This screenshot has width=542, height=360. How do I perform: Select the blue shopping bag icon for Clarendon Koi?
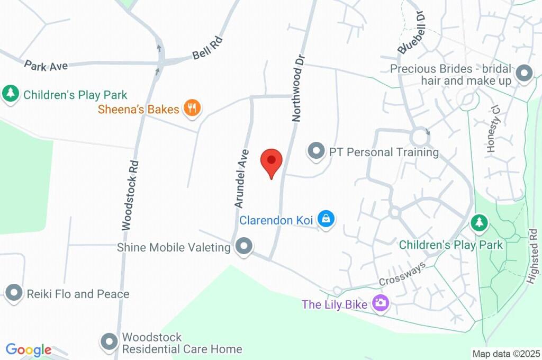pyautogui.click(x=327, y=219)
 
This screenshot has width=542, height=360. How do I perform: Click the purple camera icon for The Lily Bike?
pyautogui.click(x=380, y=303)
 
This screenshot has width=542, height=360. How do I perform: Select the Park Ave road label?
pyautogui.click(x=46, y=66)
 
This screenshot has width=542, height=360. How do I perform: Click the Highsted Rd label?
pyautogui.click(x=533, y=256)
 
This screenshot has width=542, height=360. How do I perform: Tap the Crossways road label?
pyautogui.click(x=402, y=274)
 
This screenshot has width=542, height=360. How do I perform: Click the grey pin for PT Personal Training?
pyautogui.click(x=316, y=151)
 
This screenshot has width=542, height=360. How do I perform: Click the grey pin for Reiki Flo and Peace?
pyautogui.click(x=14, y=293)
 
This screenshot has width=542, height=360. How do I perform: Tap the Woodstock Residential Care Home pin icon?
pyautogui.click(x=110, y=342)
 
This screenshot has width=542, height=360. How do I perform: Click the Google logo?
pyautogui.click(x=29, y=350)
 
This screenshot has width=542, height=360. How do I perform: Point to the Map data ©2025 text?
pyautogui.click(x=506, y=354)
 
